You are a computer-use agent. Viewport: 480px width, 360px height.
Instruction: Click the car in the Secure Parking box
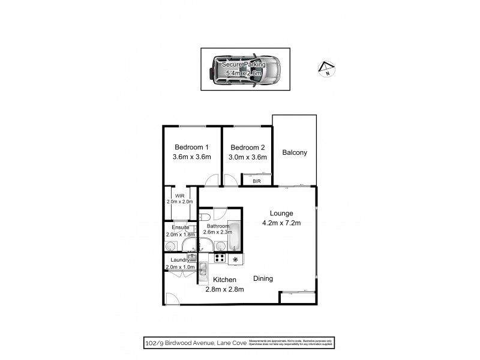click(247, 70)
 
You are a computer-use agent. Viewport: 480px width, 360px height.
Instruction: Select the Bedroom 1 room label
click(191, 148)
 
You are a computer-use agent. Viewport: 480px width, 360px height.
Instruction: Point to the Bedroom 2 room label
click(247, 148)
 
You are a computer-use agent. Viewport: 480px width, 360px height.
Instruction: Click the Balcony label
click(295, 152)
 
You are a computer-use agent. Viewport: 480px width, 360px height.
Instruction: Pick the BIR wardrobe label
click(256, 181)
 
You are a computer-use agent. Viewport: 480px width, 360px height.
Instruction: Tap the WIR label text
click(179, 196)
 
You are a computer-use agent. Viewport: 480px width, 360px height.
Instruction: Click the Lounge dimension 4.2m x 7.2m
click(281, 224)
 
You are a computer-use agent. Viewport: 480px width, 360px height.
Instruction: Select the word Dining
click(263, 278)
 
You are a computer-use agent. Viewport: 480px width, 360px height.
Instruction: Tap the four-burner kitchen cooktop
click(220, 259)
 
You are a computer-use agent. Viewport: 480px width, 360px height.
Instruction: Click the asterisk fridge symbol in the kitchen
click(236, 259)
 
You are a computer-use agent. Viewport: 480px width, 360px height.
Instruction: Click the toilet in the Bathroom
click(205, 217)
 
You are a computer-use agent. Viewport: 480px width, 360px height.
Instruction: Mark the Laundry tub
click(191, 257)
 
